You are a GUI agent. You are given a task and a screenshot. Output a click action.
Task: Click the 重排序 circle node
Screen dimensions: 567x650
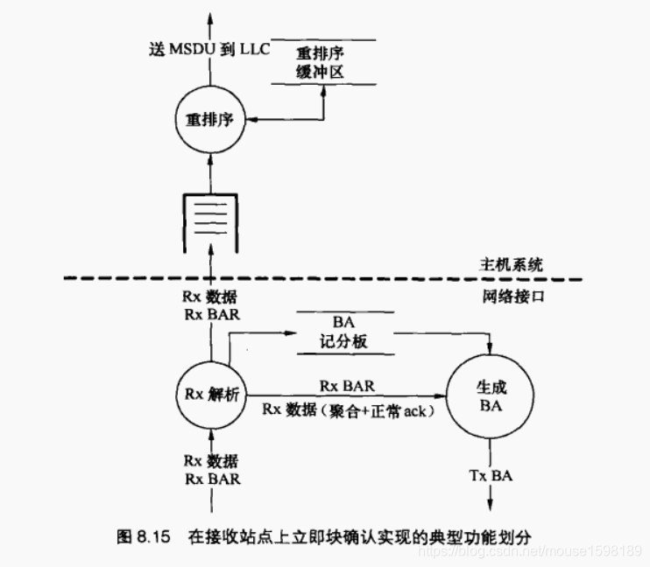coord(210,119)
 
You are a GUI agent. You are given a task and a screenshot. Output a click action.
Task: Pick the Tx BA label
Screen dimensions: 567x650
coord(491,475)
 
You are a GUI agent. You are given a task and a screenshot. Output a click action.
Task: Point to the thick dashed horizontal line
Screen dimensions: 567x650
coord(324,280)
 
